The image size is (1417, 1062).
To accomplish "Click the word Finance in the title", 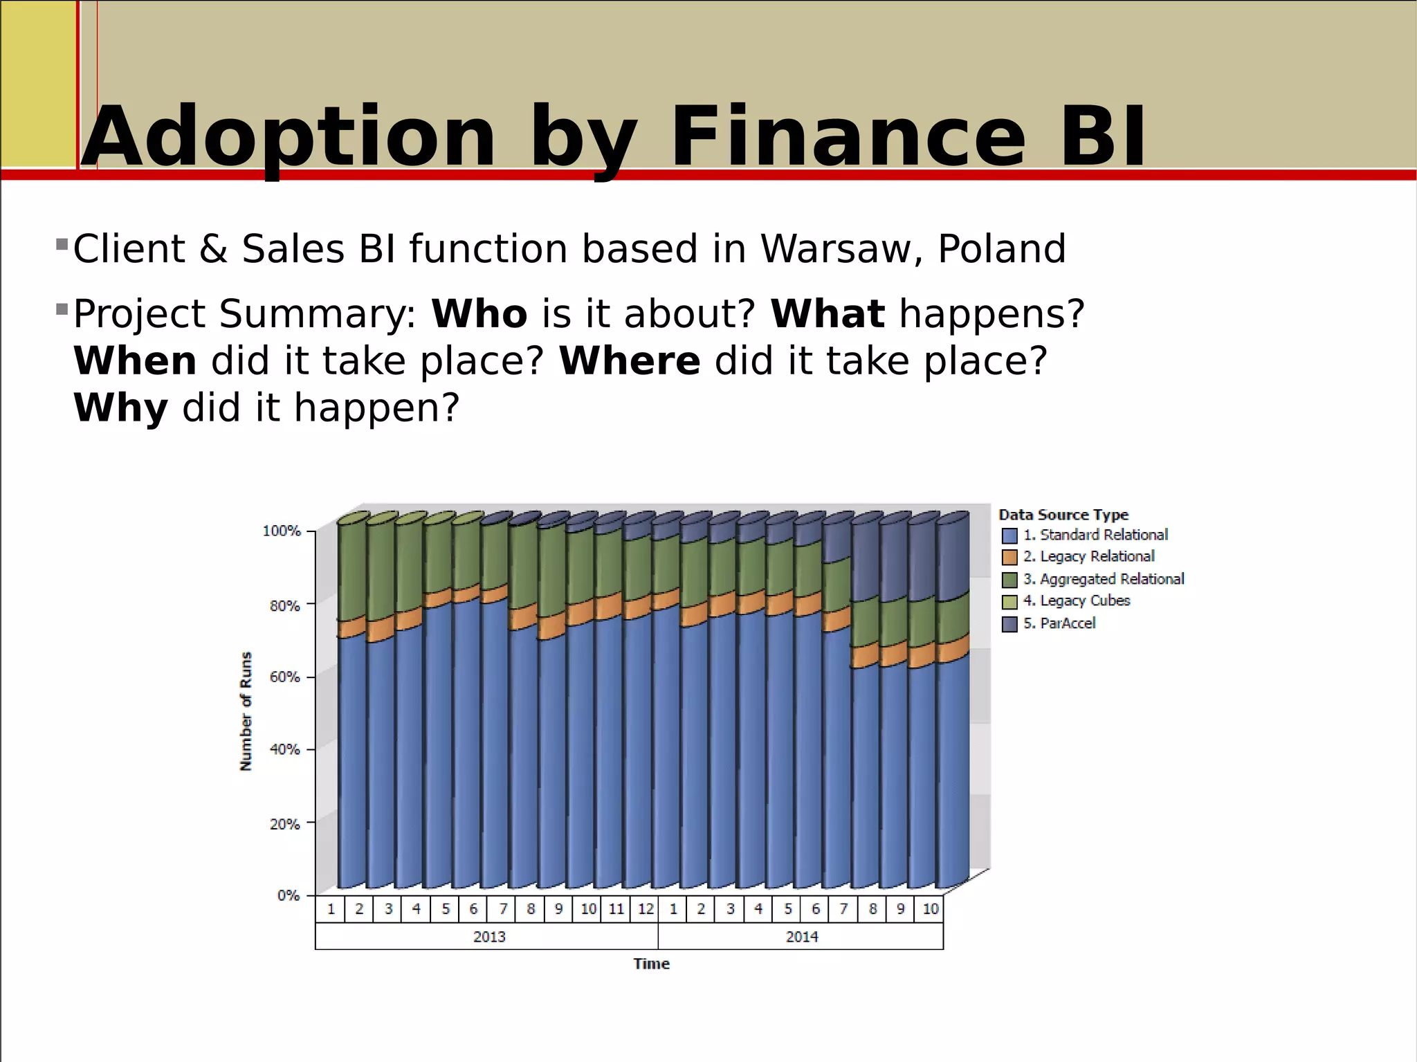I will (x=848, y=136).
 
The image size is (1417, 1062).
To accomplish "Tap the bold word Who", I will (x=479, y=314).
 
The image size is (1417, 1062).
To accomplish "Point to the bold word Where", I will (x=629, y=361).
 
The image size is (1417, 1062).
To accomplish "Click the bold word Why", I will (x=120, y=408).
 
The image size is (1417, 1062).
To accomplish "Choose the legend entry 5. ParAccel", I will (x=1059, y=623).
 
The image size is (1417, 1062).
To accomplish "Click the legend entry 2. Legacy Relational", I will (x=1088, y=557).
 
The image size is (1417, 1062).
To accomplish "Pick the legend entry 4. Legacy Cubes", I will (x=1076, y=601).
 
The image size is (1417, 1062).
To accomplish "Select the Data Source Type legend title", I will (x=1063, y=515).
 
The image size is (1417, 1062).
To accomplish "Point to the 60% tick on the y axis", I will (x=284, y=677).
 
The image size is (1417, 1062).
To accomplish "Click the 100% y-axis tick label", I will (x=282, y=531).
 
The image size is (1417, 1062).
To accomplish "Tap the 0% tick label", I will (x=288, y=895).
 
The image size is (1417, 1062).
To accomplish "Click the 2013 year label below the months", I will (x=488, y=937).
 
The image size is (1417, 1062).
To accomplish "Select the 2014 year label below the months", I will (x=801, y=937).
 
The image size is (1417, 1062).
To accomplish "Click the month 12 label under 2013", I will (x=646, y=909).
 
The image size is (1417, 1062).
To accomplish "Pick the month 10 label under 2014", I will (x=930, y=909).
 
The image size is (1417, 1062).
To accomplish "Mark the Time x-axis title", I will (x=651, y=964).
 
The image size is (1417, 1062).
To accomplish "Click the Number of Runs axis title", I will (x=246, y=711).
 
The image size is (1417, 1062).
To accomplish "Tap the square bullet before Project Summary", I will (x=62, y=309).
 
